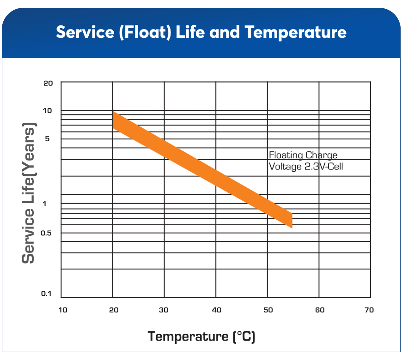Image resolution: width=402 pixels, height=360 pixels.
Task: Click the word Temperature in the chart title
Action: coord(296,32)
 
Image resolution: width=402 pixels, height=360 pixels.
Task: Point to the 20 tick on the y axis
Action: coord(49,83)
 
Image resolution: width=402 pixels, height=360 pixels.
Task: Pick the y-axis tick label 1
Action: coord(45,204)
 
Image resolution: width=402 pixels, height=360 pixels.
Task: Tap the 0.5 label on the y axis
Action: coord(47,233)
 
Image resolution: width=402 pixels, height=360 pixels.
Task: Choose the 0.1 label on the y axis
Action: coord(46,294)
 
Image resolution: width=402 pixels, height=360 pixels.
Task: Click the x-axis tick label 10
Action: coord(62,310)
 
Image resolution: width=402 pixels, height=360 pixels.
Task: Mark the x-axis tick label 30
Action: coord(164,310)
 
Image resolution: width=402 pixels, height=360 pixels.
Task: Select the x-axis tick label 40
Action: coord(217,310)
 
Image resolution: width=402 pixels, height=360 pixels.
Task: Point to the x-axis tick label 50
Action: coord(268,310)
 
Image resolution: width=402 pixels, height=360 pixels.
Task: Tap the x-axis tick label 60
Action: coord(320,310)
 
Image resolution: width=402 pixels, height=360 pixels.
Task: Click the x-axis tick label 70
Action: coord(369,310)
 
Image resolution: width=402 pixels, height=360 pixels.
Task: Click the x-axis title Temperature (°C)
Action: coord(201,336)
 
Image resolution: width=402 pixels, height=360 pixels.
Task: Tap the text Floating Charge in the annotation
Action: coord(303,156)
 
